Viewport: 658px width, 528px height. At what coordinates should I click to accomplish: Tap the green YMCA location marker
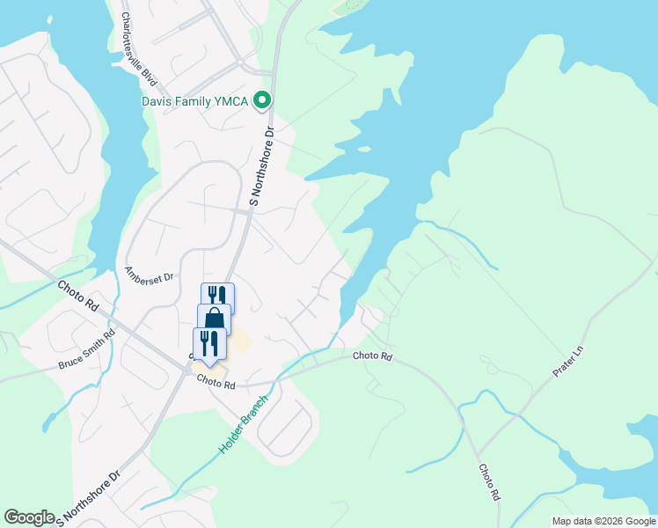pos(261,101)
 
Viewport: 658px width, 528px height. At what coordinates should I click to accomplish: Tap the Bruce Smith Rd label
pos(87,349)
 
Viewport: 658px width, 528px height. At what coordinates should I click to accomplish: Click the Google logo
pos(29,517)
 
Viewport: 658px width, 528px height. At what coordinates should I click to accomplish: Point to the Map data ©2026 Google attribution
pos(603,521)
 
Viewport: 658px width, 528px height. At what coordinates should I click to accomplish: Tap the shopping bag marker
pos(214,319)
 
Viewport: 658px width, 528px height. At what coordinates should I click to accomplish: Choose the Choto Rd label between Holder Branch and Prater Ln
pos(371,356)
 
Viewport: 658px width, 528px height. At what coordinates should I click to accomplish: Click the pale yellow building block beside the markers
pos(238,340)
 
